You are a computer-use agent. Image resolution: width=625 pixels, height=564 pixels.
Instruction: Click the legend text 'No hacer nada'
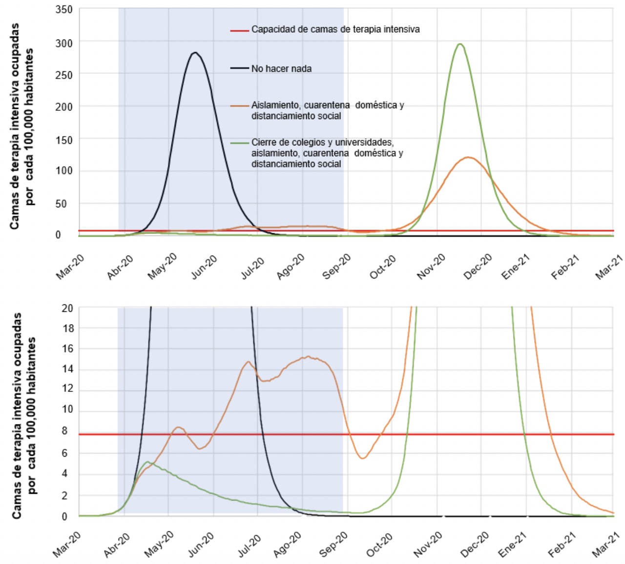[281, 69]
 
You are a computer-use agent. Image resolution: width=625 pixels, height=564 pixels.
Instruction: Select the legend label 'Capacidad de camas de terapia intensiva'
[335, 29]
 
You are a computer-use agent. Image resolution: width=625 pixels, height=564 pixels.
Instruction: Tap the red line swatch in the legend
[239, 30]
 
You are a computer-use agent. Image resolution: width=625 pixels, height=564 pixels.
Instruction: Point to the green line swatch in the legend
[239, 143]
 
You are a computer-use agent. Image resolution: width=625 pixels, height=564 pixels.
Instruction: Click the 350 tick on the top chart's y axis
[64, 9]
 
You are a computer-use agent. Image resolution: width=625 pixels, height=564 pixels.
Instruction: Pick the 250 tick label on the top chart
[64, 75]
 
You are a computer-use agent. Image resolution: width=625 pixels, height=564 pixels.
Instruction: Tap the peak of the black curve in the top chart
[195, 53]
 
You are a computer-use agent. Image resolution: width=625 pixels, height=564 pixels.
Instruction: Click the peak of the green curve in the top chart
[459, 44]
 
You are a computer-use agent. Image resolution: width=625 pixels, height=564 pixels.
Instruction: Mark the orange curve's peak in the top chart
[468, 157]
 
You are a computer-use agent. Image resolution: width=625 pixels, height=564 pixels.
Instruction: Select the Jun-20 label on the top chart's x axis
[204, 266]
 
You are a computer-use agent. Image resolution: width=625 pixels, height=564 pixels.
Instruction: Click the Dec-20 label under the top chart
[478, 266]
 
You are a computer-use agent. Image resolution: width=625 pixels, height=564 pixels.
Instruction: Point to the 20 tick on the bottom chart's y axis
[68, 308]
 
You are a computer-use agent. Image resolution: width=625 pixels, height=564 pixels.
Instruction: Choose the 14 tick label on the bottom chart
[68, 369]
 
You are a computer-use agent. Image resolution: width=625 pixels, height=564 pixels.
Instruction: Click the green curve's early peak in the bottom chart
[147, 462]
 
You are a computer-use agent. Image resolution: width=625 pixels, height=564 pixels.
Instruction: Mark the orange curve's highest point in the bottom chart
[308, 357]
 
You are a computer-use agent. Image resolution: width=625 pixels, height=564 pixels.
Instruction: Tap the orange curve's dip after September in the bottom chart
[362, 458]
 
